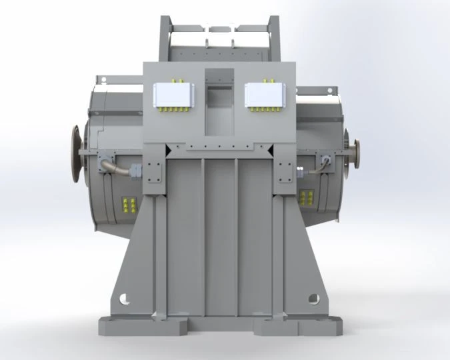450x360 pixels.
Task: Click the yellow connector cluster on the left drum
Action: coord(129,205)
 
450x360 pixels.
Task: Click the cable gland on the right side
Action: coord(325,161)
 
